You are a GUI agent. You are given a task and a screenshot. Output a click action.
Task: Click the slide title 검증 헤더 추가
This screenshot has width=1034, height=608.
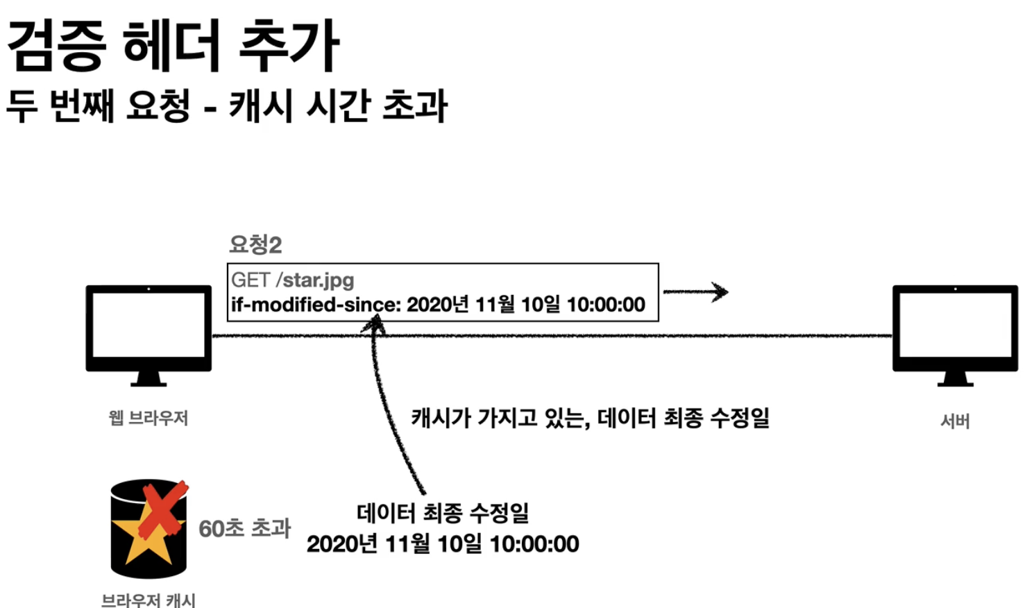click(173, 45)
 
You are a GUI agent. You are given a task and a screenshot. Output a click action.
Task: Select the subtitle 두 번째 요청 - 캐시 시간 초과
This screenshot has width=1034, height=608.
click(227, 106)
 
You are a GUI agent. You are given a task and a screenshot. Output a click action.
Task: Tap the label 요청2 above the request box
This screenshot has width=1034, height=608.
click(255, 244)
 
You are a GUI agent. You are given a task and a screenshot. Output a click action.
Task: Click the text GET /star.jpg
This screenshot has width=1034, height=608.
click(293, 280)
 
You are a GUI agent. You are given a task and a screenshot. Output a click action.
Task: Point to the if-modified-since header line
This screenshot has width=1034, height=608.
click(438, 305)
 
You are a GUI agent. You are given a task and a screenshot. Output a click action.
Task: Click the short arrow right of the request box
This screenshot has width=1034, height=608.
click(695, 292)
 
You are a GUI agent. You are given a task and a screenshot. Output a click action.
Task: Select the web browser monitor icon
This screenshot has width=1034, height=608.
click(149, 328)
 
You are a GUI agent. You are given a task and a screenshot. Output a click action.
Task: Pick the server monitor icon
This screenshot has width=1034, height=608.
click(955, 328)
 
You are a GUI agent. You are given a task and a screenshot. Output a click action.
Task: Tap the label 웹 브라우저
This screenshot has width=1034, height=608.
click(149, 418)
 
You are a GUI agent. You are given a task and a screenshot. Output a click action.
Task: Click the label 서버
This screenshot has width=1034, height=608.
click(955, 421)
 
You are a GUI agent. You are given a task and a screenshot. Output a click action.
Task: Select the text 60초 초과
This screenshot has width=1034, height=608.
click(244, 528)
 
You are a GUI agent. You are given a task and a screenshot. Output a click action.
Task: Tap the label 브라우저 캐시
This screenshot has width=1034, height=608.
click(149, 600)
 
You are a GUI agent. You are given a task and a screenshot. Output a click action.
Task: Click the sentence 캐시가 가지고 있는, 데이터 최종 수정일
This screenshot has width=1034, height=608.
click(590, 418)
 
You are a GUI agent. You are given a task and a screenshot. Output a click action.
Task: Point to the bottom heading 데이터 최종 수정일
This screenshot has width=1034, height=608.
click(443, 514)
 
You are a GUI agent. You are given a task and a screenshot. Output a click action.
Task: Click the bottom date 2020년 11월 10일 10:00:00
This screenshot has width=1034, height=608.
click(443, 544)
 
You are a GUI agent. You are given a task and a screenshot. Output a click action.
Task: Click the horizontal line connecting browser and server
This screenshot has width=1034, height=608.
click(625, 336)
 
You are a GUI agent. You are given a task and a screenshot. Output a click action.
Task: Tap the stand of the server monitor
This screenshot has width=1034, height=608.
click(955, 379)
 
